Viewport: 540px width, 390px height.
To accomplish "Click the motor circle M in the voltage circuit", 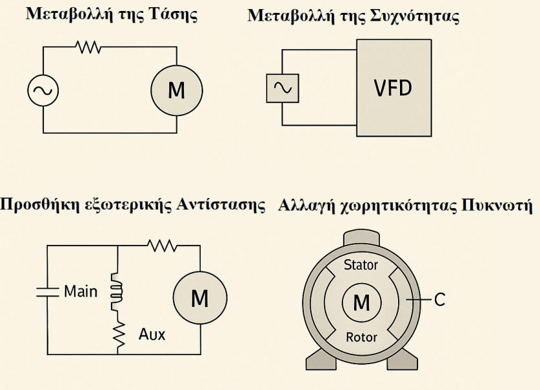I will [176, 90].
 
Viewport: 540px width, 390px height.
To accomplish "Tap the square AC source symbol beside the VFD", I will [282, 88].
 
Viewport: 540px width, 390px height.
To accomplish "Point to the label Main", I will [81, 291].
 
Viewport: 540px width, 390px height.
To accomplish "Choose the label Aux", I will [152, 335].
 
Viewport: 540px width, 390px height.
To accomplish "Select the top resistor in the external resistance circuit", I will [161, 245].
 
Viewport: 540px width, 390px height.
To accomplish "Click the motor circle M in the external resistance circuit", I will [200, 298].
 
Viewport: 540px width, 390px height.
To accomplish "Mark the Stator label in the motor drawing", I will [361, 265].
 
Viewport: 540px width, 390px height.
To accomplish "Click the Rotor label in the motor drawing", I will [361, 337].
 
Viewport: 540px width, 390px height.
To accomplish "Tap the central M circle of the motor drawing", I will [361, 301].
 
